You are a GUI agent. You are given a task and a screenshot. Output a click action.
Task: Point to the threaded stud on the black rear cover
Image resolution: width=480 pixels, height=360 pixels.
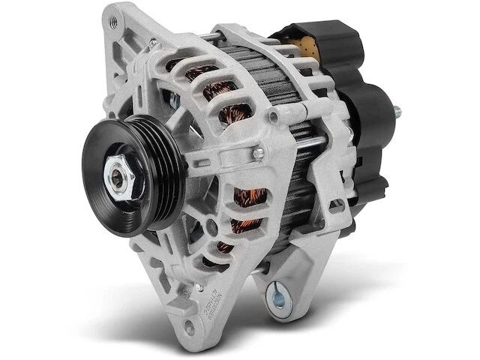point(394,112)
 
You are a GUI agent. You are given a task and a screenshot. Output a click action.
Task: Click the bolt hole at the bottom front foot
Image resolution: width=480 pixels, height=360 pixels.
point(187,330)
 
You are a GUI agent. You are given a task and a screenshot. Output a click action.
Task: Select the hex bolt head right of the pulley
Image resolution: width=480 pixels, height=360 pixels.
point(259,154)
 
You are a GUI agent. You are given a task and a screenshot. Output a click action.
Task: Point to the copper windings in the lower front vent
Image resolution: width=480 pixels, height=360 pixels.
point(247,199)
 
